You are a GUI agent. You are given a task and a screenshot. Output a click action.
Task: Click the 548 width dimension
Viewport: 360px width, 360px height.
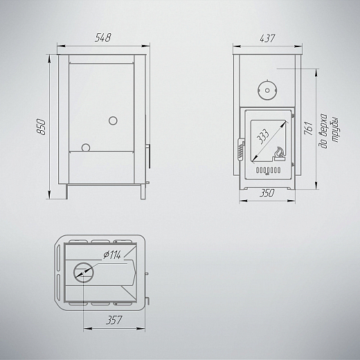coord(103,37)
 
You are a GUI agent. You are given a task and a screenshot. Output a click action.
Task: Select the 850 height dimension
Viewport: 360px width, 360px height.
coord(42,127)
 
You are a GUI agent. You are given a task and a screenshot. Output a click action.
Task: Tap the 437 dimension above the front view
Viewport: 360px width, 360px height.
coord(267,38)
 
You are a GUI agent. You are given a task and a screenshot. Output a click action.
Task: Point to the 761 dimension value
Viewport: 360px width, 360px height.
coord(309,128)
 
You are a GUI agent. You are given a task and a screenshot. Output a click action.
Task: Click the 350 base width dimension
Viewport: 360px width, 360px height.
coord(267,193)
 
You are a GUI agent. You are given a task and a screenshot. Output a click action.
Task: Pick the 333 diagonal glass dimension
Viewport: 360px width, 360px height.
coord(263,136)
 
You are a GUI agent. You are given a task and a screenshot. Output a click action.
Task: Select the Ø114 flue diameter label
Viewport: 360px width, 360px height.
coord(112,255)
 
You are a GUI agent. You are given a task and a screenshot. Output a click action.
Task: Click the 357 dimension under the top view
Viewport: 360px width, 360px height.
coord(114,320)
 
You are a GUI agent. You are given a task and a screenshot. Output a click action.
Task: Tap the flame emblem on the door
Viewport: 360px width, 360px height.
coord(279,154)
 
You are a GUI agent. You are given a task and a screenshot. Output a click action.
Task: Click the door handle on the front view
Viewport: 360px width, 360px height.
coord(241,149)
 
